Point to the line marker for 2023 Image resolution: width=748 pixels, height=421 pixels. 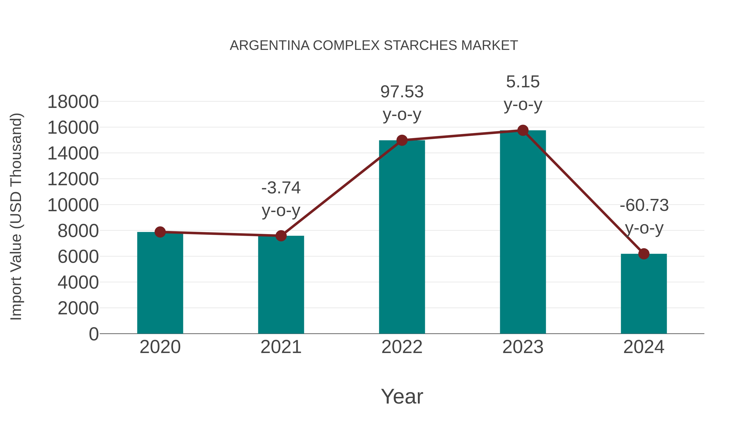(x=523, y=130)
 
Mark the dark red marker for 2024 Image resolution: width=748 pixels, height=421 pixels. (x=644, y=254)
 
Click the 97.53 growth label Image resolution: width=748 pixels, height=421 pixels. (x=402, y=92)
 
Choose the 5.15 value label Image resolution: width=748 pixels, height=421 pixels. (x=523, y=82)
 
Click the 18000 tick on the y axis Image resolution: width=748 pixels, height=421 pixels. (x=73, y=102)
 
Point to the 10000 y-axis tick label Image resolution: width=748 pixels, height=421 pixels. (x=73, y=205)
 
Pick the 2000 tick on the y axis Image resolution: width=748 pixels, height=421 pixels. (x=78, y=308)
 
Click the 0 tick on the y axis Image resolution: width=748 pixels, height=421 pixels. (x=93, y=334)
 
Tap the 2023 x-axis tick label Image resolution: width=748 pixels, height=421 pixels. (x=523, y=347)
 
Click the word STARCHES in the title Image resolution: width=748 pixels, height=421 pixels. (x=421, y=46)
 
